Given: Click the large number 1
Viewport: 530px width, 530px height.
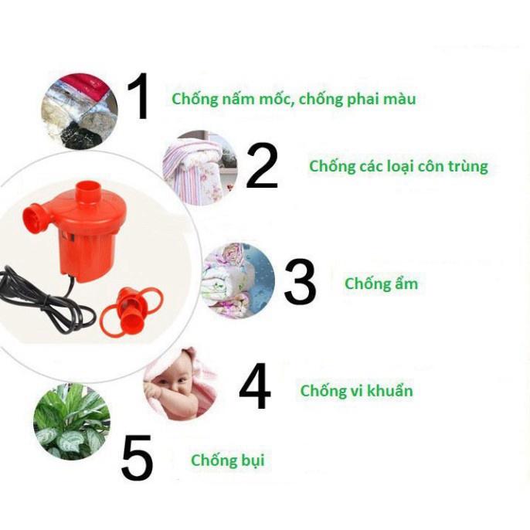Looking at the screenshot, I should pos(140,97).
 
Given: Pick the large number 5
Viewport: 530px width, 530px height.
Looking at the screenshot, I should pos(138,459).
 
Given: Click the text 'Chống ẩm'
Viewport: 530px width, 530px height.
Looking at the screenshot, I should pos(381,284).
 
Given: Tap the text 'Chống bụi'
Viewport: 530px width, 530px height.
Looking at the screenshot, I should pos(227,460).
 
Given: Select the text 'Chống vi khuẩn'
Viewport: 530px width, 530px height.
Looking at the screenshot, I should pos(356,390).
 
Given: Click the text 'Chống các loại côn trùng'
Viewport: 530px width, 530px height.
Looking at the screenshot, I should pos(398,166).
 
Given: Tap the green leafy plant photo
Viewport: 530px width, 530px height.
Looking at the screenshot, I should pos(71,422).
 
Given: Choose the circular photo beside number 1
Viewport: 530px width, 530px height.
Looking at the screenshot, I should pos(80,111).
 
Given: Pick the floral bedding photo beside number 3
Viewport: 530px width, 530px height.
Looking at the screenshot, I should pos(237,280).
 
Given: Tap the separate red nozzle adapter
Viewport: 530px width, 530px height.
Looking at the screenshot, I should pos(132,309).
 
